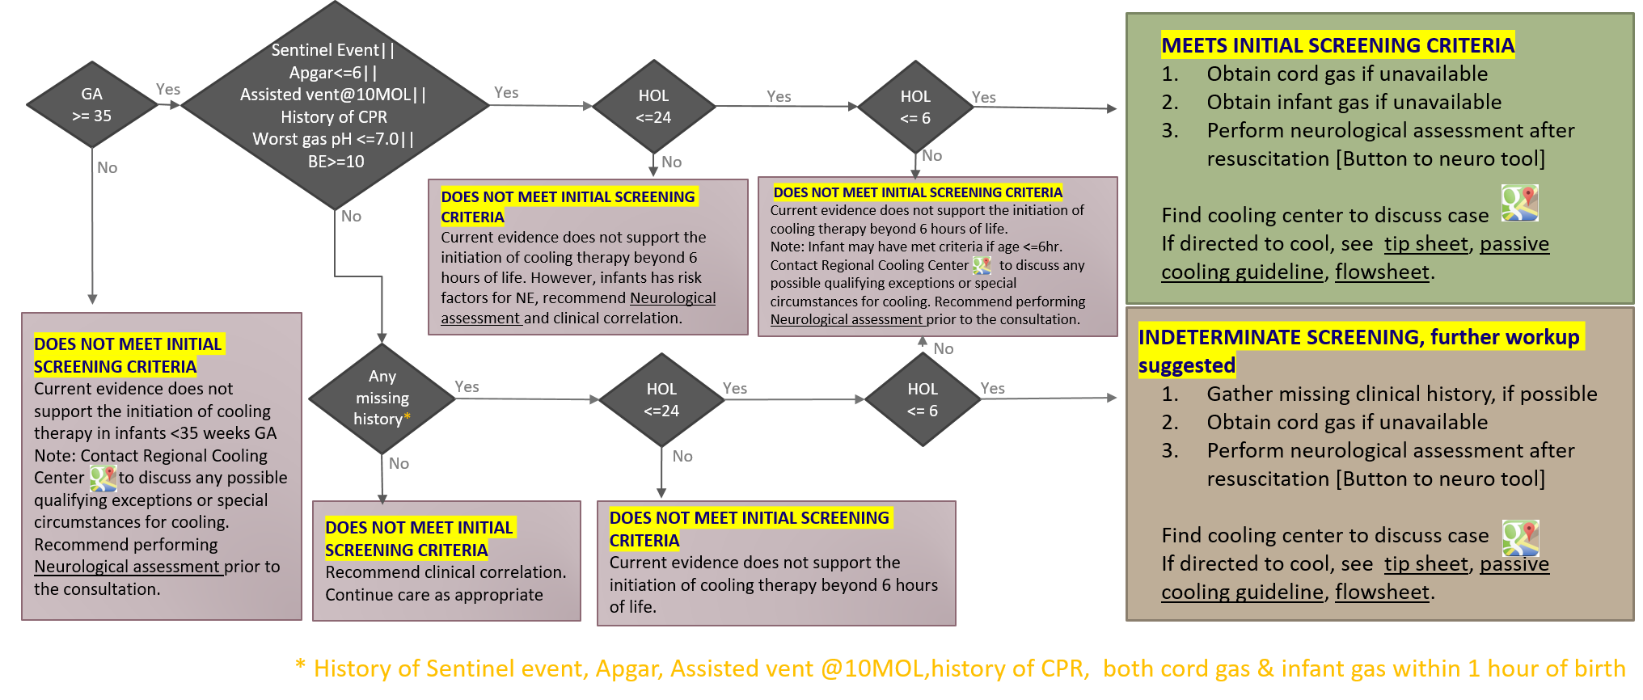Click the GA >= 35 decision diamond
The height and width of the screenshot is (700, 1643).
(92, 105)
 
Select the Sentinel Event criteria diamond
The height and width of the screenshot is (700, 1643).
(335, 105)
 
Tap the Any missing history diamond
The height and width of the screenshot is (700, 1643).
(382, 398)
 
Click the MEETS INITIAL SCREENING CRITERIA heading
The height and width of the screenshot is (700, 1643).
(1337, 45)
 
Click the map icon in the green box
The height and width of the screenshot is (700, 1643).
(1519, 203)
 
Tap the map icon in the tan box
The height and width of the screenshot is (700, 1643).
(1520, 538)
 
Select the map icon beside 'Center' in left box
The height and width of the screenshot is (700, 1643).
(103, 478)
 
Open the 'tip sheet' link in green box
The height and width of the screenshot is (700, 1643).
(1425, 244)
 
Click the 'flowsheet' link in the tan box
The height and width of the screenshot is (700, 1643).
(1382, 592)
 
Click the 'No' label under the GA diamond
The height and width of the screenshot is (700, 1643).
(107, 167)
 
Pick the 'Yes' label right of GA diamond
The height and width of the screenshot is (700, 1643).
(168, 89)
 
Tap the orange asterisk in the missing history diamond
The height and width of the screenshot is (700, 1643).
(407, 417)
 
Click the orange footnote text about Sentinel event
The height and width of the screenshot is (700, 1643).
(961, 668)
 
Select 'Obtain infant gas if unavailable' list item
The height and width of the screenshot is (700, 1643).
(1354, 102)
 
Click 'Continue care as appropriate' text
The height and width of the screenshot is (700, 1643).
(434, 595)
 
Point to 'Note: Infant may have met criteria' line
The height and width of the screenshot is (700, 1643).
(916, 247)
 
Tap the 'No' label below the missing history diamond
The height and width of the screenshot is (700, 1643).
(399, 463)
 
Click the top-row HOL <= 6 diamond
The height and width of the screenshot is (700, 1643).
(915, 107)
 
